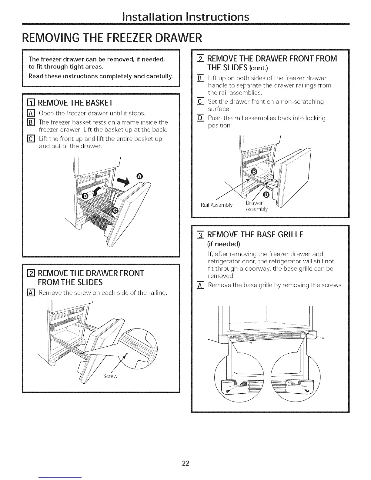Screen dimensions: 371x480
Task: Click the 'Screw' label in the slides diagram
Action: point(110,376)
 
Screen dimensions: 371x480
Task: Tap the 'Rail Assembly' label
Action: point(216,205)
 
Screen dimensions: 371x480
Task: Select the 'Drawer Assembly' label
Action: point(256,206)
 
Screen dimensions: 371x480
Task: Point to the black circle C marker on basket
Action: point(115,210)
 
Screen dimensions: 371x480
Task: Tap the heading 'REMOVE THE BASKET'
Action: point(76,103)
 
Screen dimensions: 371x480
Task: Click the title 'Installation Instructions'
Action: point(185,16)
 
